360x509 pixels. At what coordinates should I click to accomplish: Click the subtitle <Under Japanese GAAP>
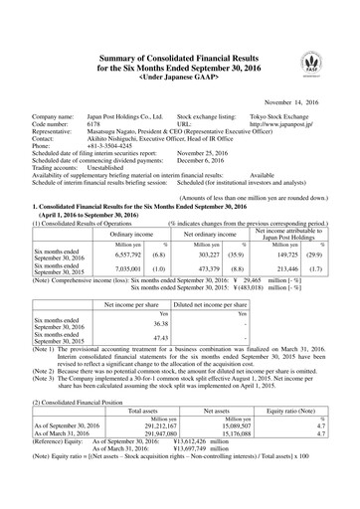(x=179, y=47)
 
